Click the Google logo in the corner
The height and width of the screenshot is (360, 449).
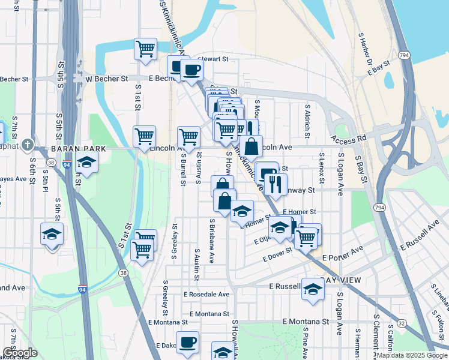point(19,353)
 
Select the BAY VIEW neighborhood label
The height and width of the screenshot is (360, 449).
point(343,281)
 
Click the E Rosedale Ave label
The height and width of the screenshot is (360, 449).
point(206,295)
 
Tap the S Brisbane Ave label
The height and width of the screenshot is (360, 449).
point(212,241)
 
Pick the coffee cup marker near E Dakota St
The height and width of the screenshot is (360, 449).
point(187,342)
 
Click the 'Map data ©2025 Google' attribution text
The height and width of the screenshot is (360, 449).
point(412,355)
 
